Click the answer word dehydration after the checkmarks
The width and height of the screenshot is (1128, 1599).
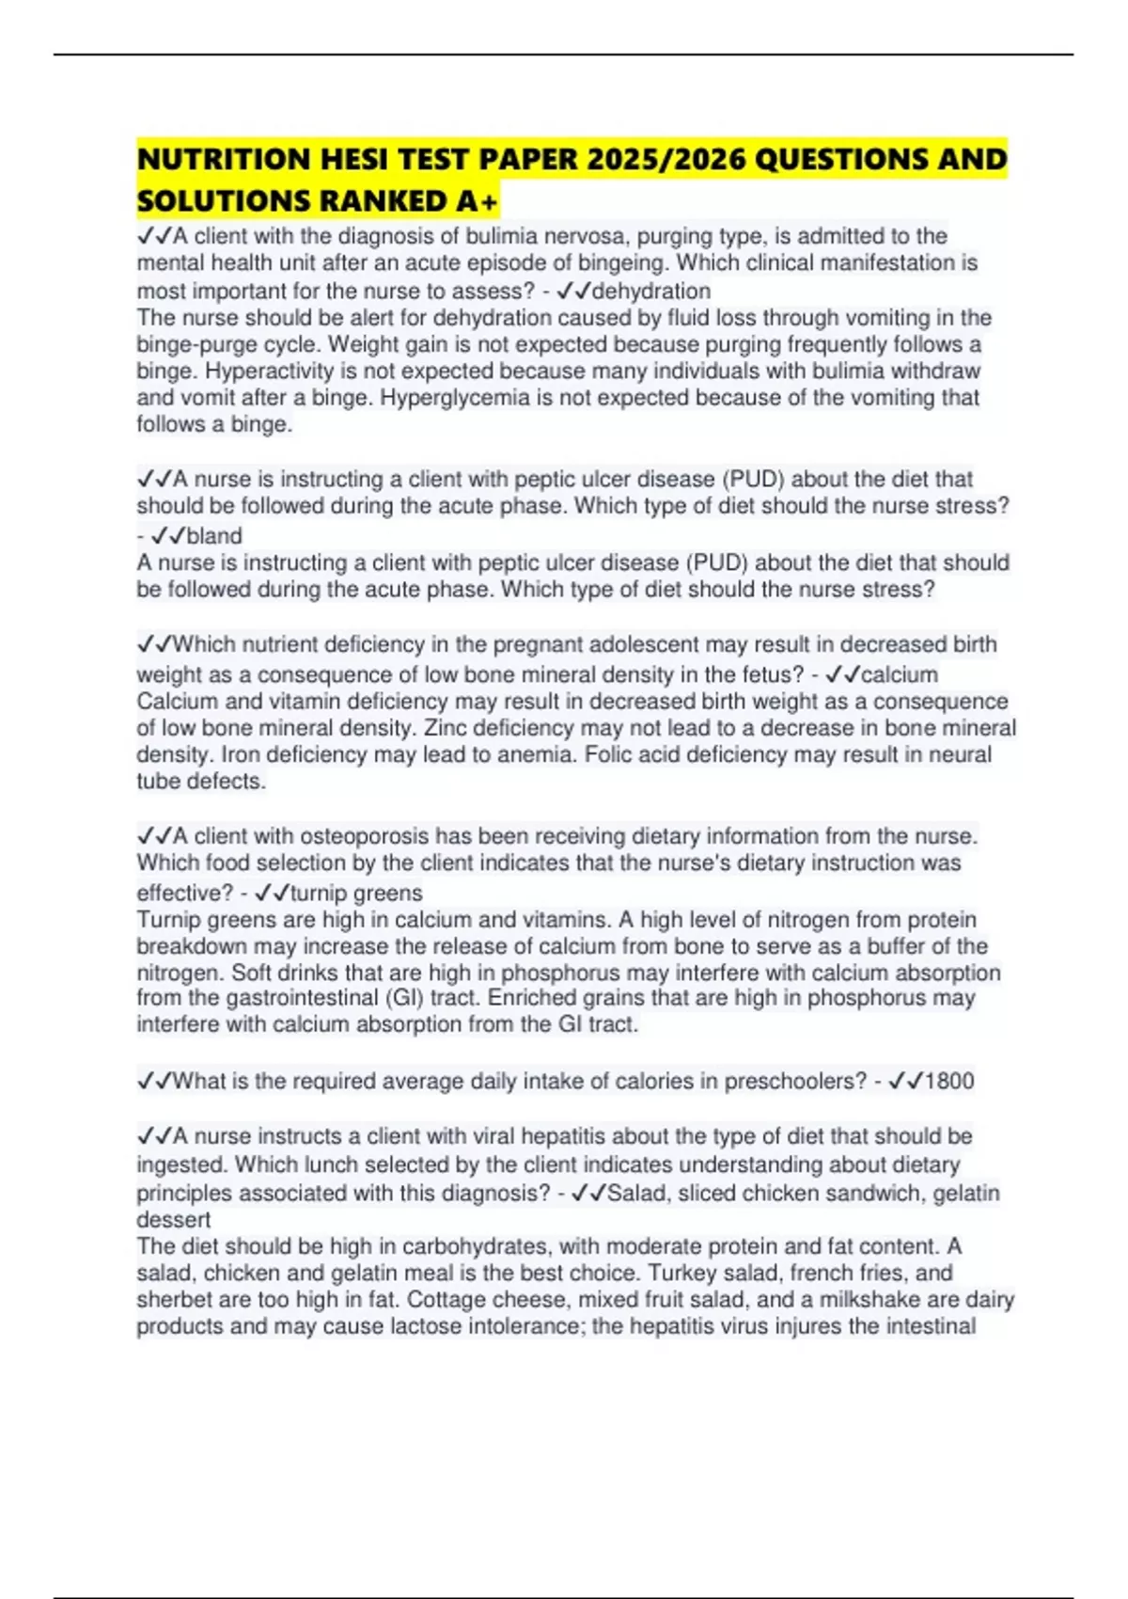pos(650,292)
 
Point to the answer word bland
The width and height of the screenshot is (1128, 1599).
pos(214,536)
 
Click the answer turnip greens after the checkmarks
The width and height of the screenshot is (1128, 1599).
pos(356,893)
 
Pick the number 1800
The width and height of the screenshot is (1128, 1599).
pos(949,1081)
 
